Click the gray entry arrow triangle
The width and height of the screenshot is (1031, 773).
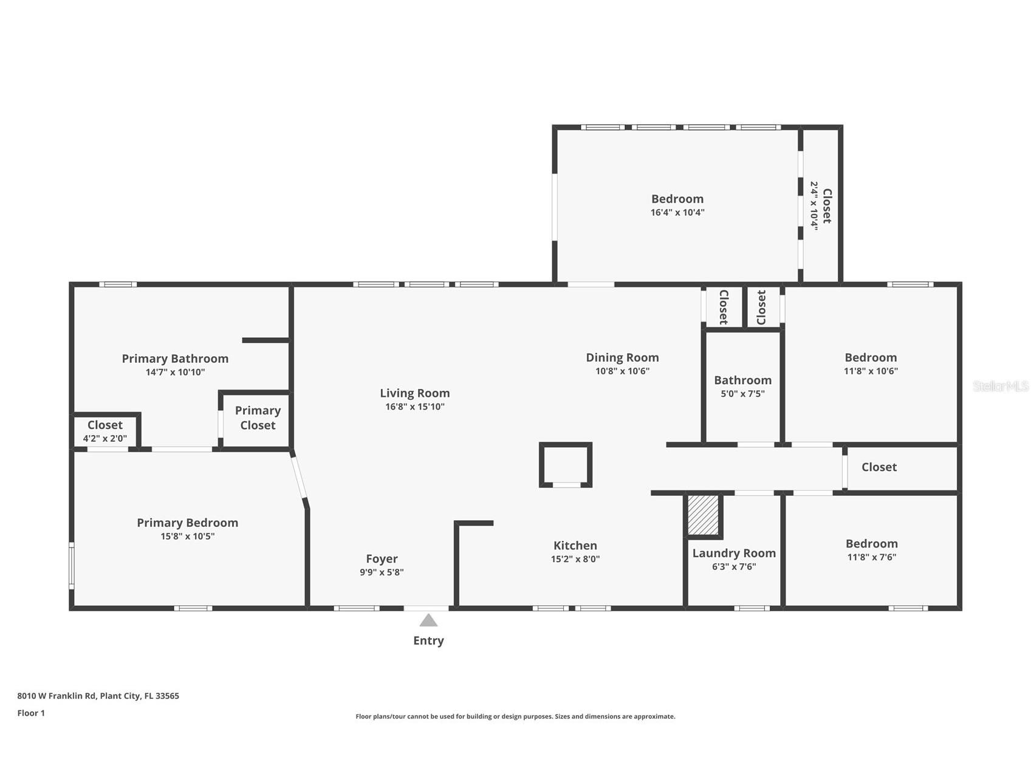[x=428, y=620]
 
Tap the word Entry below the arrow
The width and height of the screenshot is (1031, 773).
[x=428, y=641]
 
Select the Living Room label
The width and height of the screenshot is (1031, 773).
[x=415, y=393]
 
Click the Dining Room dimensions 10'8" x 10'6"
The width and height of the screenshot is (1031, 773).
[x=622, y=371]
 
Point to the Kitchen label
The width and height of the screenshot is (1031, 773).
[x=575, y=546]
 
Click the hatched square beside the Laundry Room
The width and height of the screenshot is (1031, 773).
[x=703, y=515]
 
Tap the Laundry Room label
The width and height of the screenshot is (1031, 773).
[x=734, y=553]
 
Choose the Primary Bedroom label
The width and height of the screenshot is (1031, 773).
[x=187, y=523]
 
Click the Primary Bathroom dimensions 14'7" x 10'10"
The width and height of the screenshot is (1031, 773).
[x=175, y=373]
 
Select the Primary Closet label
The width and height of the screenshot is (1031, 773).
[x=258, y=418]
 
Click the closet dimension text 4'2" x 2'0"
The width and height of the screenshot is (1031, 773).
[x=105, y=438]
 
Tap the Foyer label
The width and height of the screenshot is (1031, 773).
[x=382, y=559]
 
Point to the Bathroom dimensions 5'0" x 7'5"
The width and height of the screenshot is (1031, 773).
[x=742, y=394]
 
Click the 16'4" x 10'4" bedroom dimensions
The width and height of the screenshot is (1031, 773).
[x=677, y=213]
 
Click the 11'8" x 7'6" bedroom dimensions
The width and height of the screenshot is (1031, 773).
[x=872, y=557]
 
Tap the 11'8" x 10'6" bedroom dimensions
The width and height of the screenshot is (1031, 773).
[x=871, y=371]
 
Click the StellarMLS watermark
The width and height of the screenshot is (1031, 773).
[x=1001, y=386]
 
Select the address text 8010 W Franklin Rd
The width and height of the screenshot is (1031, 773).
[x=57, y=696]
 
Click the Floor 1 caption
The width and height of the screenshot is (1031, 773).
[x=31, y=713]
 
